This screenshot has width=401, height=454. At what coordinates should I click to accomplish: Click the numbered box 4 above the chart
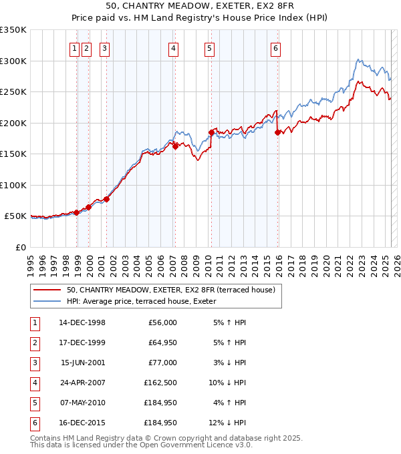pos(173,47)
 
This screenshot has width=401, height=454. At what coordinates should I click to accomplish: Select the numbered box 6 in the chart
pos(275,47)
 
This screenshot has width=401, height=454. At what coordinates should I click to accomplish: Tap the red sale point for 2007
pos(175,146)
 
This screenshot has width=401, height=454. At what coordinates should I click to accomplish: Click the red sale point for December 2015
pos(277,132)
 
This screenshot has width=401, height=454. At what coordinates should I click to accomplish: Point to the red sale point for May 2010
pos(211,132)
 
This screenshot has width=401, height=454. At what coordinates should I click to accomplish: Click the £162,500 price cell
pos(160,383)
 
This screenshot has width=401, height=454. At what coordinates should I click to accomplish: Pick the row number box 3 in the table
pos(33,363)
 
